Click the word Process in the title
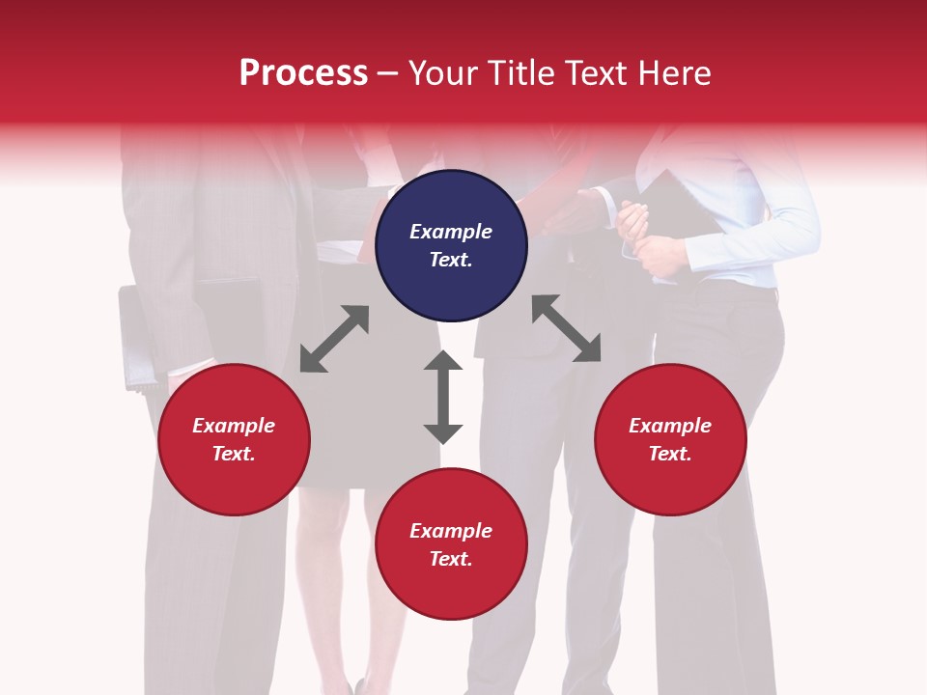pos(303,73)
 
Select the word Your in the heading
pos(442,73)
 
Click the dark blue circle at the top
pos(451,246)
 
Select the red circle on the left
pos(234,440)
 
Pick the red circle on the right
pos(670,440)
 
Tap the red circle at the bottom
pos(451,543)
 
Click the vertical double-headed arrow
pos(443,397)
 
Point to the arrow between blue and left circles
pos(334,339)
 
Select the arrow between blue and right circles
pos(567,328)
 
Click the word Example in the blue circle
pos(451,232)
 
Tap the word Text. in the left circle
pos(234,454)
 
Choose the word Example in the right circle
pos(670,426)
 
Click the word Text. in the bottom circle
pos(451,559)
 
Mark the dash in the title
pos(388,74)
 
